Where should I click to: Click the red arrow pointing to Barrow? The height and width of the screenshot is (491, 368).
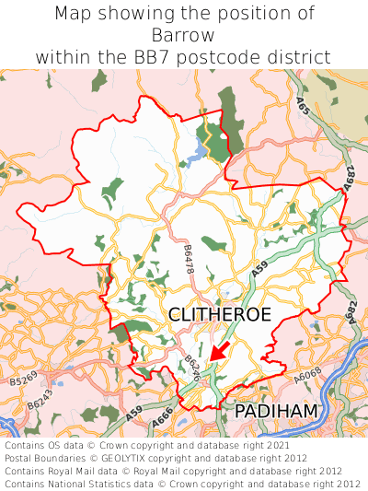[219, 351]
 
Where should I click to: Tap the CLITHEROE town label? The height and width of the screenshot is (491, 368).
[220, 315]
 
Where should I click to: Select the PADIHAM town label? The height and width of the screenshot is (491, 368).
[276, 411]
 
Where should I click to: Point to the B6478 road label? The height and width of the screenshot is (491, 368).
[189, 258]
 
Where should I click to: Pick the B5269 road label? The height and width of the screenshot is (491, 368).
[30, 380]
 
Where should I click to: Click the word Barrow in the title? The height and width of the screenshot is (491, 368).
[184, 35]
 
